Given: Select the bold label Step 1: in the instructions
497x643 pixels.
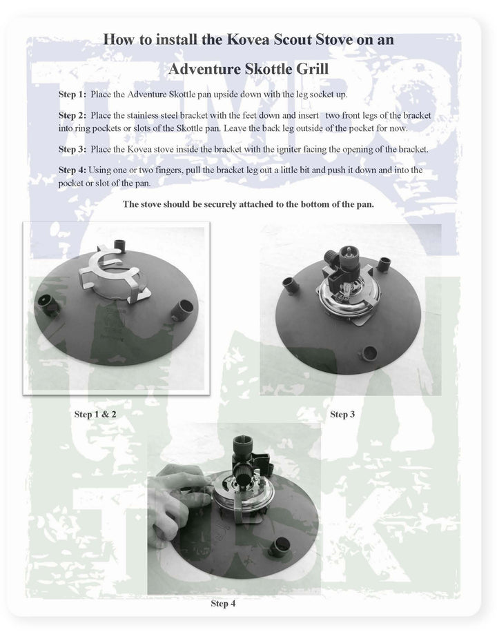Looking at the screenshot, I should tap(72, 93).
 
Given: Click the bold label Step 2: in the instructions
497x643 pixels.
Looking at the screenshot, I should tap(72, 115).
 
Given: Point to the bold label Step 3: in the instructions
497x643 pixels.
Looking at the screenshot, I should tap(72, 149).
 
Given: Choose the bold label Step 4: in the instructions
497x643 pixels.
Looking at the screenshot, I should tap(72, 169).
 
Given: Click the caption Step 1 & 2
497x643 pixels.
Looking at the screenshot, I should tap(95, 415).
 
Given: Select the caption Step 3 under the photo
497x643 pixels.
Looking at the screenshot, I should tap(342, 414).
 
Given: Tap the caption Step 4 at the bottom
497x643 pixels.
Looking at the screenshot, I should tap(223, 603).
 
